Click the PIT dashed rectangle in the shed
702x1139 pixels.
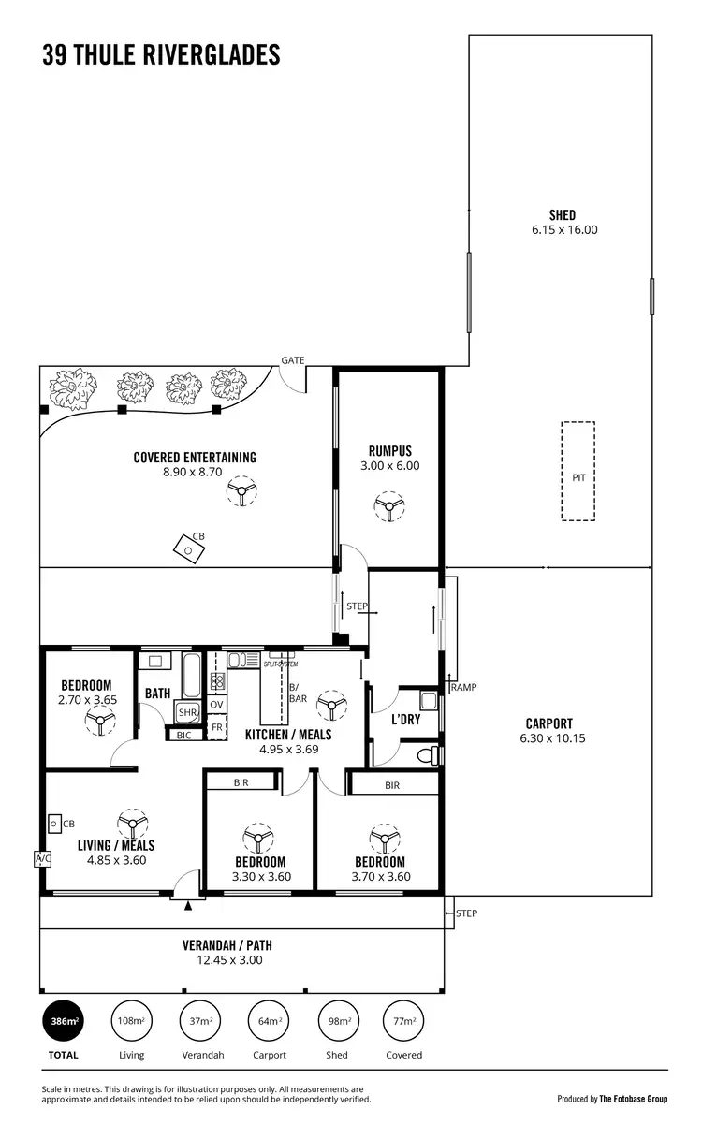coord(578,471)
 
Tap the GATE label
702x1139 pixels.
coord(292,359)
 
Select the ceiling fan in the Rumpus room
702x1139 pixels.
coord(388,508)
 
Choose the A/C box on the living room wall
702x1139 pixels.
coord(41,858)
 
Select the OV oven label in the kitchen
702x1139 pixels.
coord(216,705)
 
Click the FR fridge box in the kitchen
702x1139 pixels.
coord(216,727)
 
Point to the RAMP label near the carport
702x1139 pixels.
coord(463,687)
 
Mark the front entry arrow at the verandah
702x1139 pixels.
coord(188,905)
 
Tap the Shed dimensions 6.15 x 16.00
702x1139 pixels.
coord(563,229)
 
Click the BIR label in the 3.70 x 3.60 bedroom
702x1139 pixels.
coord(391,785)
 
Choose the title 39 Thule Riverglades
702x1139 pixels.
coord(161,55)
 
